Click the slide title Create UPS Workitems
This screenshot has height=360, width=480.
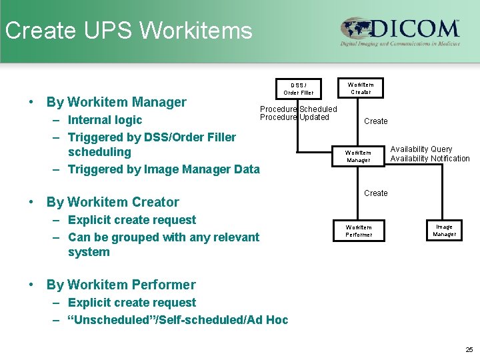pos(129,31)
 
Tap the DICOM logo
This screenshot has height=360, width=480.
pos(400,31)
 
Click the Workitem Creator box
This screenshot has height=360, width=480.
pos(361,88)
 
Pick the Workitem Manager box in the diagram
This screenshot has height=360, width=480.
pos(357,157)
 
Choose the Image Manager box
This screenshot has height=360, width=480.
pos(444,231)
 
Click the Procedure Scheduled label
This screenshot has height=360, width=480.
pos(298,109)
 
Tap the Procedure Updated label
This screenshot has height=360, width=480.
pos(294,117)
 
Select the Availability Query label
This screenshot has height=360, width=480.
pos(421,149)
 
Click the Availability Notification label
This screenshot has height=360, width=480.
pos(429,159)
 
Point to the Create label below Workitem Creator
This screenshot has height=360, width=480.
pos(375,121)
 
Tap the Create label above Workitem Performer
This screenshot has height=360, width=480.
pos(375,193)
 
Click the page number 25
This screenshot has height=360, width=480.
pos(469,349)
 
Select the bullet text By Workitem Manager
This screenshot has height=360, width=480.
pos(116,102)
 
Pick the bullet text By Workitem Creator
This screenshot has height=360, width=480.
pos(113,202)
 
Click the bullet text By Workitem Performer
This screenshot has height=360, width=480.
pos(121,285)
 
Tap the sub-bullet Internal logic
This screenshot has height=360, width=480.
pos(105,120)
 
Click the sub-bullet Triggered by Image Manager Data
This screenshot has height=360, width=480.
pos(163,169)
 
